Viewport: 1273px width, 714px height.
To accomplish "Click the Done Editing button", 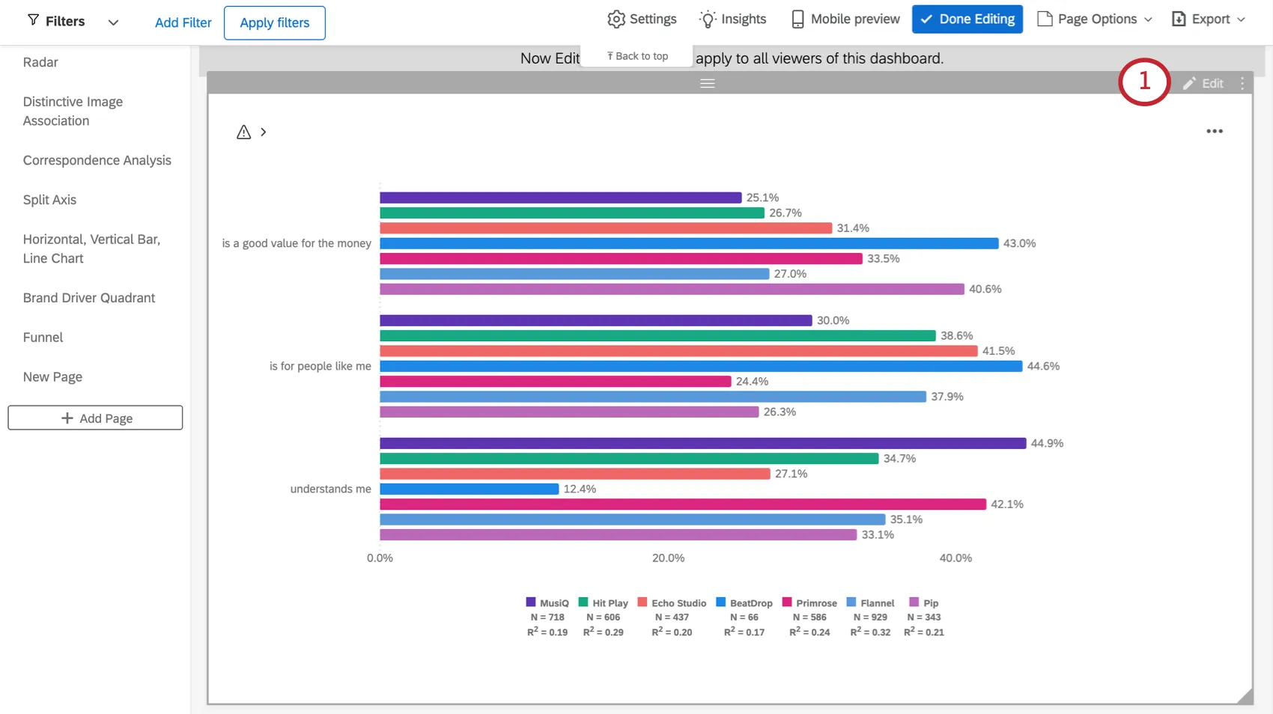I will [x=967, y=19].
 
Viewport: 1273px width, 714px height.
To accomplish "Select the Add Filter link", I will [x=183, y=22].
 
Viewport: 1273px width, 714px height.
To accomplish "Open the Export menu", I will [x=1208, y=19].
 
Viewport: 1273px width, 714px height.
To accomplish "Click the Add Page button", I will [x=95, y=418].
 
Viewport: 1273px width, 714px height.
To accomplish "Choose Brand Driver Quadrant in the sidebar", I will [x=89, y=298].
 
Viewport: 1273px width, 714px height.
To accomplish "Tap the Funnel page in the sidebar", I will [x=43, y=338].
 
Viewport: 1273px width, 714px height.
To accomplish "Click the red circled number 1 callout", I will [x=1143, y=82].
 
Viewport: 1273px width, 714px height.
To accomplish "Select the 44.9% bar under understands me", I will [x=702, y=443].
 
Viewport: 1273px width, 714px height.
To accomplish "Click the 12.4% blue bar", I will [x=469, y=489].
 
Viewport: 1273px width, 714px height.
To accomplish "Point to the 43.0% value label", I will [x=1019, y=243].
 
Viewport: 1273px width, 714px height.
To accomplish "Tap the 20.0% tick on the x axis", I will [x=668, y=558].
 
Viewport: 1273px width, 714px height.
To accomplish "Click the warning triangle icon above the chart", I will [x=243, y=132].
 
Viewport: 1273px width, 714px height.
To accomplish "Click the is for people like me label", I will [x=320, y=366].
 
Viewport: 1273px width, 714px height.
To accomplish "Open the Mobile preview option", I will [x=845, y=19].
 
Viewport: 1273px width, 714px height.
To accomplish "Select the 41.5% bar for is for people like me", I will [x=678, y=351].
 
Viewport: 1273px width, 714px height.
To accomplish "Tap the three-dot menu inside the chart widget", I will [x=1214, y=131].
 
